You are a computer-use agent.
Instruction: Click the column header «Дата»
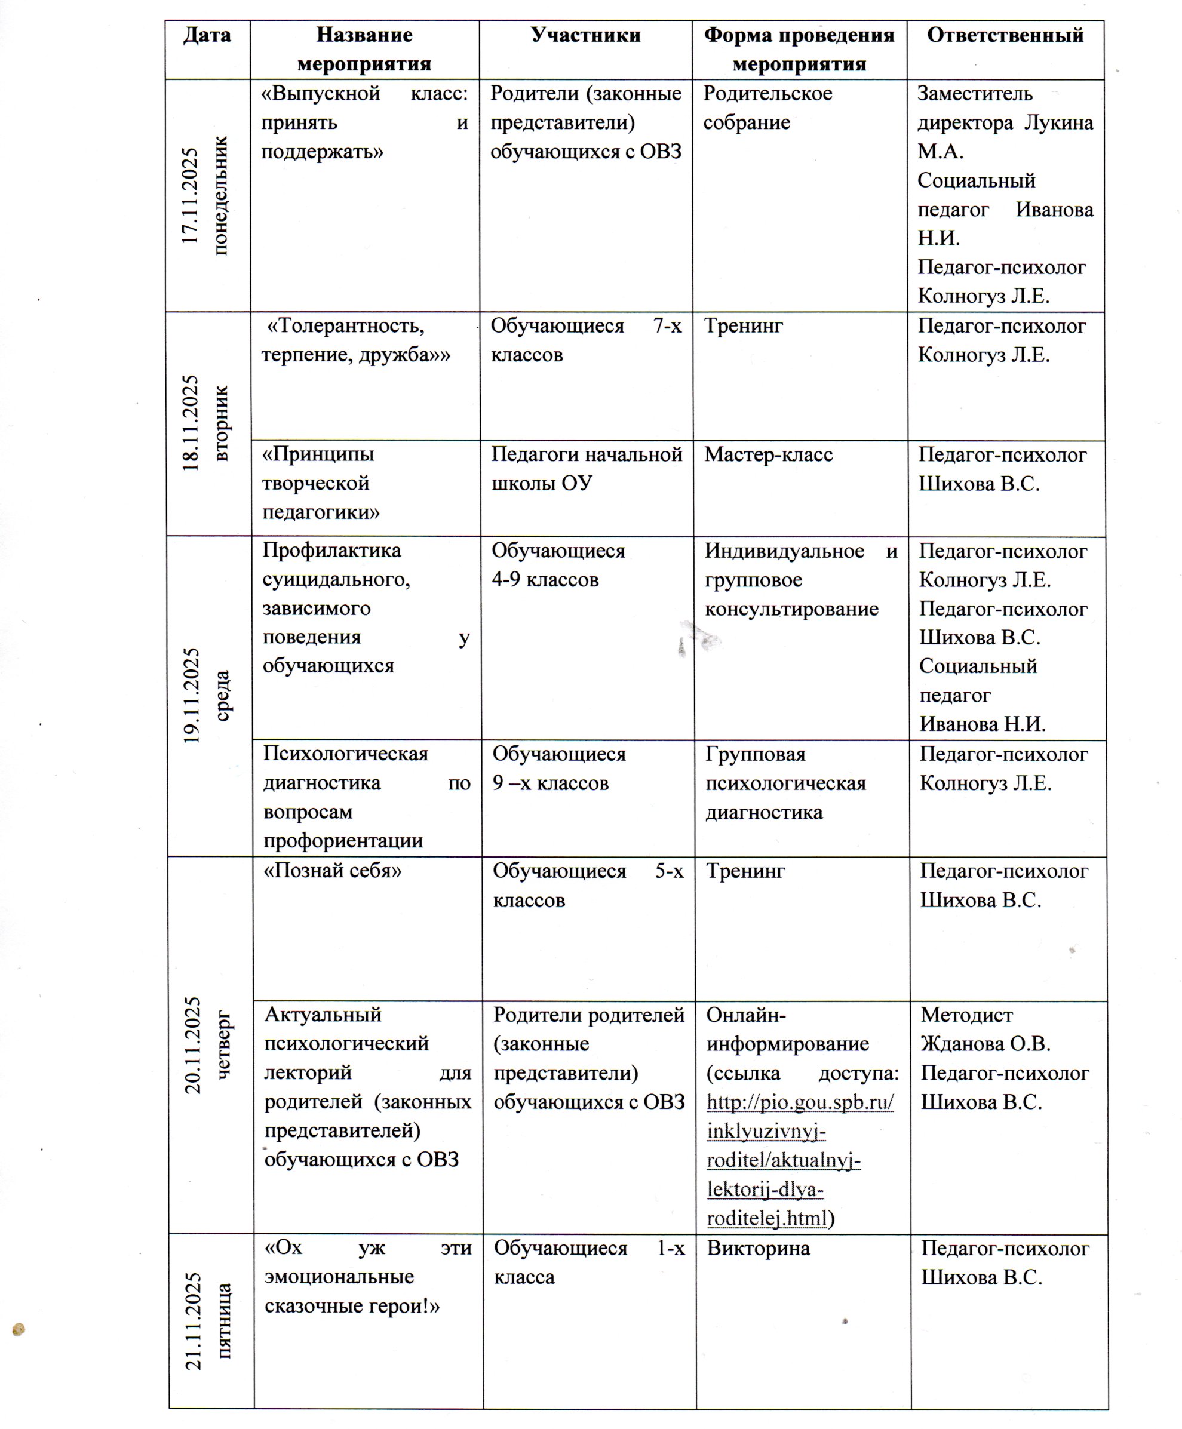207,35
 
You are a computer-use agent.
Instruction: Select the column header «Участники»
585,35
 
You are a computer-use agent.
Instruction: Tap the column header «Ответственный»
1005,35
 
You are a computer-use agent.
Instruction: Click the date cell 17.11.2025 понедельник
207,196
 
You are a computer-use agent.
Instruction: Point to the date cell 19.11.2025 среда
208,696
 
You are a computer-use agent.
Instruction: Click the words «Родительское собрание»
767,107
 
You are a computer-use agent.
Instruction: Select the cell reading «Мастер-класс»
768,454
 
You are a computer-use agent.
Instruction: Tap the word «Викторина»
758,1248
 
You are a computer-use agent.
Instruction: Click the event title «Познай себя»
333,871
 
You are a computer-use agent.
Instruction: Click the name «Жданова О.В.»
985,1043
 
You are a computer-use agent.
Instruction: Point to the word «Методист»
966,1015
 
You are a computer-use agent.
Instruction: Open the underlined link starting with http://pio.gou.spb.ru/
800,1102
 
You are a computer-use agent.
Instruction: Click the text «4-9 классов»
545,580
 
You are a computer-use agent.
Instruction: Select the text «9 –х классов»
551,783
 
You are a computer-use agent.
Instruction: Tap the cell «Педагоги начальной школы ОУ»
587,469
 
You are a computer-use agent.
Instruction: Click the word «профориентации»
343,841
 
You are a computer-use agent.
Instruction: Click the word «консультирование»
791,609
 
